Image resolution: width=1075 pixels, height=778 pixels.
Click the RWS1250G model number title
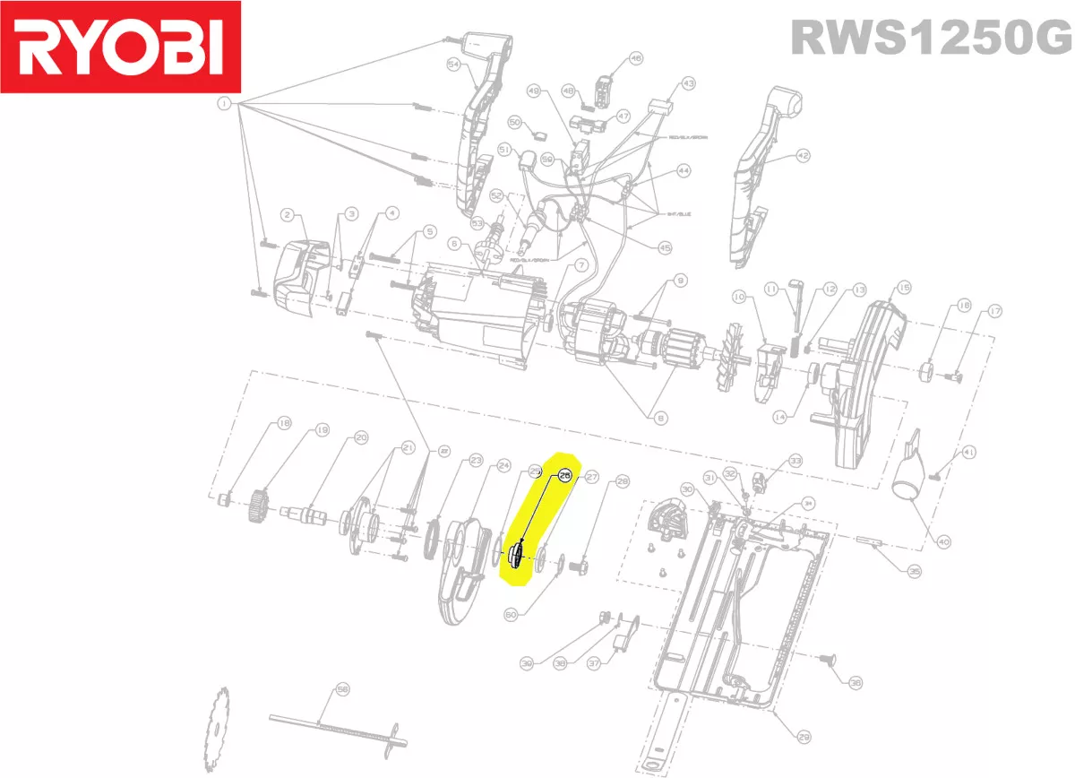[930, 39]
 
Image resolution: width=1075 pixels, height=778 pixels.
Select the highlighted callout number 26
[564, 477]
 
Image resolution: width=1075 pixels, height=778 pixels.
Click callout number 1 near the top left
[223, 105]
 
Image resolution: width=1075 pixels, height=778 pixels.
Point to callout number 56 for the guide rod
[341, 689]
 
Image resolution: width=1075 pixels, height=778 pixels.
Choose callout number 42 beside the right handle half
[802, 156]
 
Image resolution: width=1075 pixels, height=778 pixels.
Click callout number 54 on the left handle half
[453, 65]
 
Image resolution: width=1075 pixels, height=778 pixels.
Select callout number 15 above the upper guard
[903, 288]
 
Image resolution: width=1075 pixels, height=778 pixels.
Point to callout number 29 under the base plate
[804, 737]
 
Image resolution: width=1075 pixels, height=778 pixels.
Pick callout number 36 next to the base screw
[855, 683]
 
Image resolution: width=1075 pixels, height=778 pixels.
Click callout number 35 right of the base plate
[914, 571]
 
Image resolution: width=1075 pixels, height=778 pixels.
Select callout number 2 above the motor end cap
[288, 214]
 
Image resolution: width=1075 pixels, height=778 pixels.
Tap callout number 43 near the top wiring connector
[688, 83]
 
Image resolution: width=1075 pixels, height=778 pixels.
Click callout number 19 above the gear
[322, 430]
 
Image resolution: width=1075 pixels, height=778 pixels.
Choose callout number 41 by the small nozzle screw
[969, 453]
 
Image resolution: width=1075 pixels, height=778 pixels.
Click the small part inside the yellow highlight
[516, 557]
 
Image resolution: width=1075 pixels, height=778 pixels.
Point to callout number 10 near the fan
[739, 296]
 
